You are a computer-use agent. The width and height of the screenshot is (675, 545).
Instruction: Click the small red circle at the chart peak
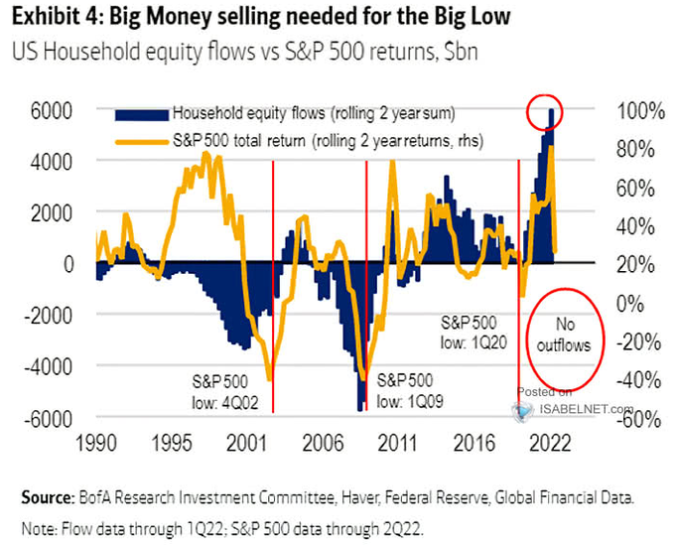[550, 108]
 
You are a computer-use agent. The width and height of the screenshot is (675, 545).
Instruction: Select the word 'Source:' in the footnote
[43, 495]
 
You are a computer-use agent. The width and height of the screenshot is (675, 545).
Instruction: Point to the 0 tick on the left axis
[69, 264]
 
